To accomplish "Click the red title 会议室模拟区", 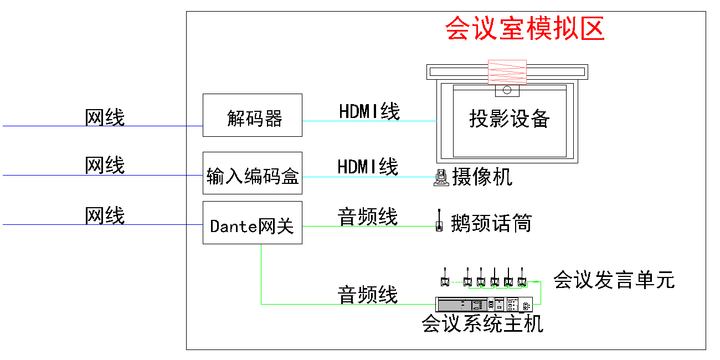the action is [525, 28].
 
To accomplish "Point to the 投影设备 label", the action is [510, 119].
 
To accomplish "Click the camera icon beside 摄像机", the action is [441, 177].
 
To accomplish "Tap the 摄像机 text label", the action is [482, 177].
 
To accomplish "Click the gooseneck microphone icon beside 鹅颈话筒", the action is [439, 220].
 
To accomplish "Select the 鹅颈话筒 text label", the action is [491, 223].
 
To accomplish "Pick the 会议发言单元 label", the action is [614, 280].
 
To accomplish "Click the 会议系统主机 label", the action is [482, 323].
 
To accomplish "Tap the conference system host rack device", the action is [484, 305].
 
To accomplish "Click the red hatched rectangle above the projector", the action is [507, 72].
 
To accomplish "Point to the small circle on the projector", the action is [507, 90].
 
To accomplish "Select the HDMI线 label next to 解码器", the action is [369, 111].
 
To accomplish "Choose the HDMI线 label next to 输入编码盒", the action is [368, 167].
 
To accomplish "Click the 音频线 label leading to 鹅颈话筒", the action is [367, 217].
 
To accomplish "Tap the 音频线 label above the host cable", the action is [367, 295].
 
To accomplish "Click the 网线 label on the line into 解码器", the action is [105, 117].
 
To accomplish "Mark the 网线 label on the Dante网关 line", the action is [105, 215].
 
